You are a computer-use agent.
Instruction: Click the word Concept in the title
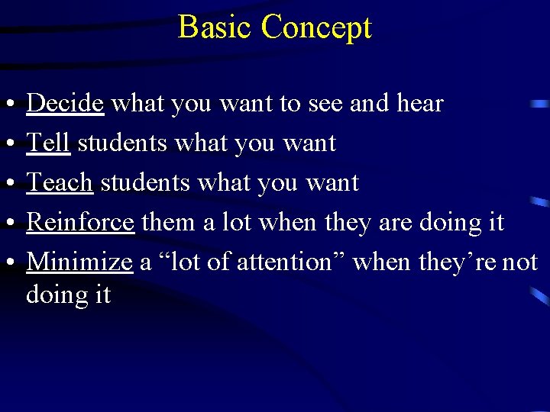pyautogui.click(x=316, y=28)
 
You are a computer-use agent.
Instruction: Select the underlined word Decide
pyautogui.click(x=65, y=103)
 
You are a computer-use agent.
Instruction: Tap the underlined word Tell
pyautogui.click(x=48, y=143)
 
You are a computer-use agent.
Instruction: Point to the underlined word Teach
pyautogui.click(x=60, y=182)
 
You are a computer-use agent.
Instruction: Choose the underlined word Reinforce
pyautogui.click(x=80, y=222)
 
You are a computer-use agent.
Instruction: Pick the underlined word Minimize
pyautogui.click(x=79, y=262)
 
